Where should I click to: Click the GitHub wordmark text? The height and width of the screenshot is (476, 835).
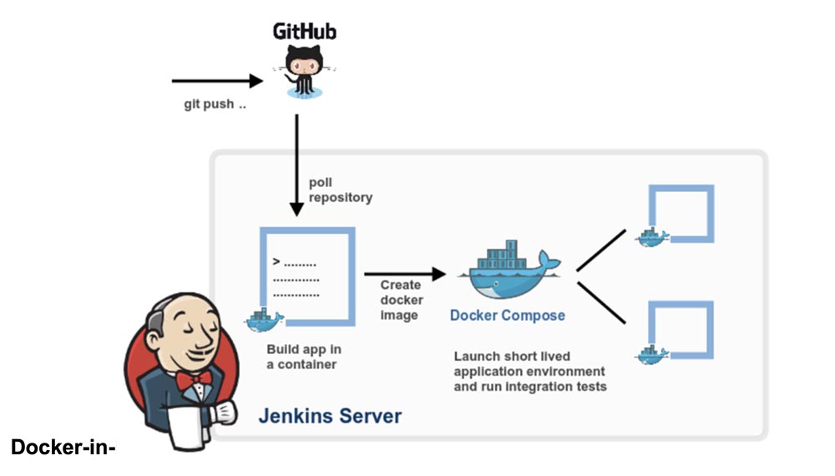tap(305, 32)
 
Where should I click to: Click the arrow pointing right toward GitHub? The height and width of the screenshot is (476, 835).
tap(217, 81)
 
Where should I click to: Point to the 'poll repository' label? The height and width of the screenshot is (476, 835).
tap(340, 190)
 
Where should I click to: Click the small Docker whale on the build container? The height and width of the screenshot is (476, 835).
tap(264, 319)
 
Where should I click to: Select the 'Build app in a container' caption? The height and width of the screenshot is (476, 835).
tap(303, 357)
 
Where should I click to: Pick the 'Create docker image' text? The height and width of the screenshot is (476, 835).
tap(402, 301)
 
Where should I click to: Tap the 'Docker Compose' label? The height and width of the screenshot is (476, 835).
tap(508, 316)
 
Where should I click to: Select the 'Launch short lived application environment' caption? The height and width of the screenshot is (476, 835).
tap(529, 372)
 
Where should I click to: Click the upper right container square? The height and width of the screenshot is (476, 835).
tap(681, 214)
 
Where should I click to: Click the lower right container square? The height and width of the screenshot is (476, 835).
tap(681, 331)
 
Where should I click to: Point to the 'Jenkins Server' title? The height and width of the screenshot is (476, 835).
tap(330, 416)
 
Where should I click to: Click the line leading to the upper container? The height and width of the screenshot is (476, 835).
tap(601, 251)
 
